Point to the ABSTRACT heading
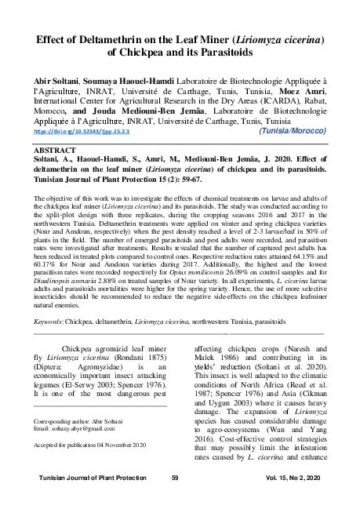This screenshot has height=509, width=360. coord(57,147)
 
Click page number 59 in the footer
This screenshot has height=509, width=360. coord(175,478)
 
